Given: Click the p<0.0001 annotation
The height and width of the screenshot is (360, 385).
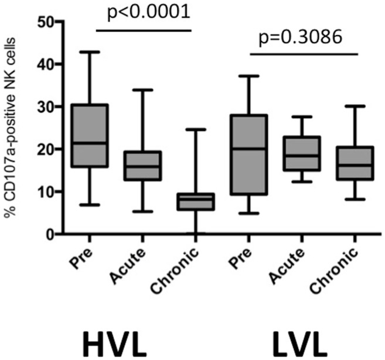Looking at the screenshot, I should click(143, 13).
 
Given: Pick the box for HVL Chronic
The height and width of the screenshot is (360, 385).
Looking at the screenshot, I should click(197, 202).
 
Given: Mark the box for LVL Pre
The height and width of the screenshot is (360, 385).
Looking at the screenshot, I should click(250, 155).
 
